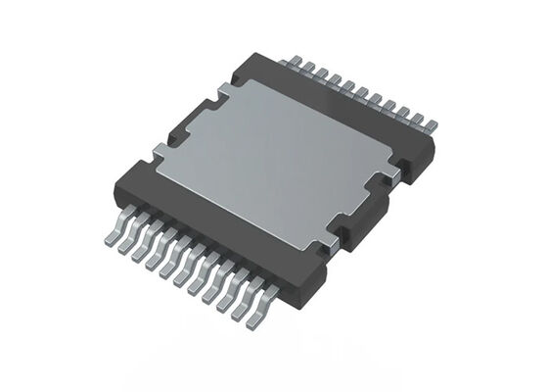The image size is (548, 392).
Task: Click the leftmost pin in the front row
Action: click(111, 235)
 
